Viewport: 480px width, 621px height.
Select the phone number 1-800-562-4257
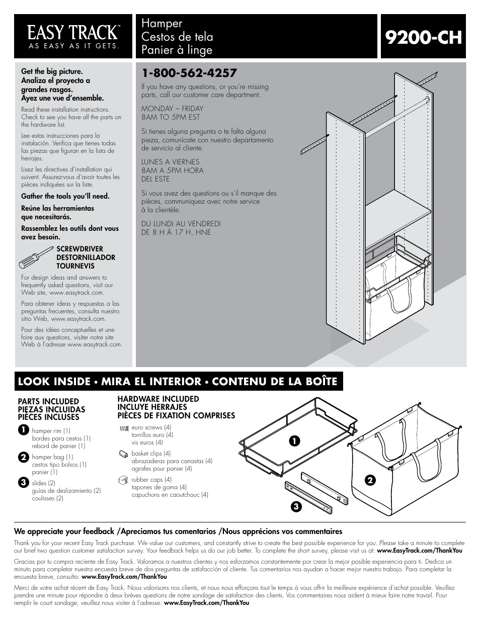tap(189, 73)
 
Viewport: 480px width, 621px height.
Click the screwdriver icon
tap(36, 257)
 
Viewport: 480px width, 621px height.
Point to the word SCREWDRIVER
tap(79, 249)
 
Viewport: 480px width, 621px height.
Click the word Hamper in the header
tap(162, 24)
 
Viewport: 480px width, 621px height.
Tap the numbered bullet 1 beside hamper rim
tap(23, 430)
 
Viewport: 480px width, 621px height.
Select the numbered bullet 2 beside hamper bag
tap(23, 457)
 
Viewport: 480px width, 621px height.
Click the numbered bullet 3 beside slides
tap(23, 483)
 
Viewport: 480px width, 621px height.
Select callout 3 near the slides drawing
tap(297, 506)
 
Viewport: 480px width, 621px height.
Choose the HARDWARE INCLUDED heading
tap(158, 399)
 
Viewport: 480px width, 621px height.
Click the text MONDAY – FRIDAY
tap(172, 108)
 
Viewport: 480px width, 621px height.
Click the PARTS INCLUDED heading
tap(48, 401)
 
